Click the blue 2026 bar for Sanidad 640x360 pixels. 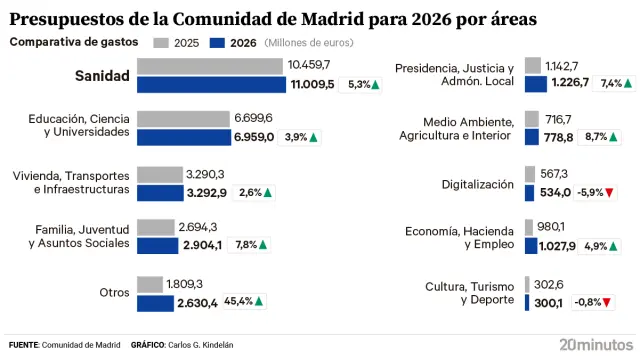[210, 84]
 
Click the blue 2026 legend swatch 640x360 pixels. [218, 43]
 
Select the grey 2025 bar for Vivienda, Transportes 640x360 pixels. [159, 174]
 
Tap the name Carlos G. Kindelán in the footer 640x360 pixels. [200, 345]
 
